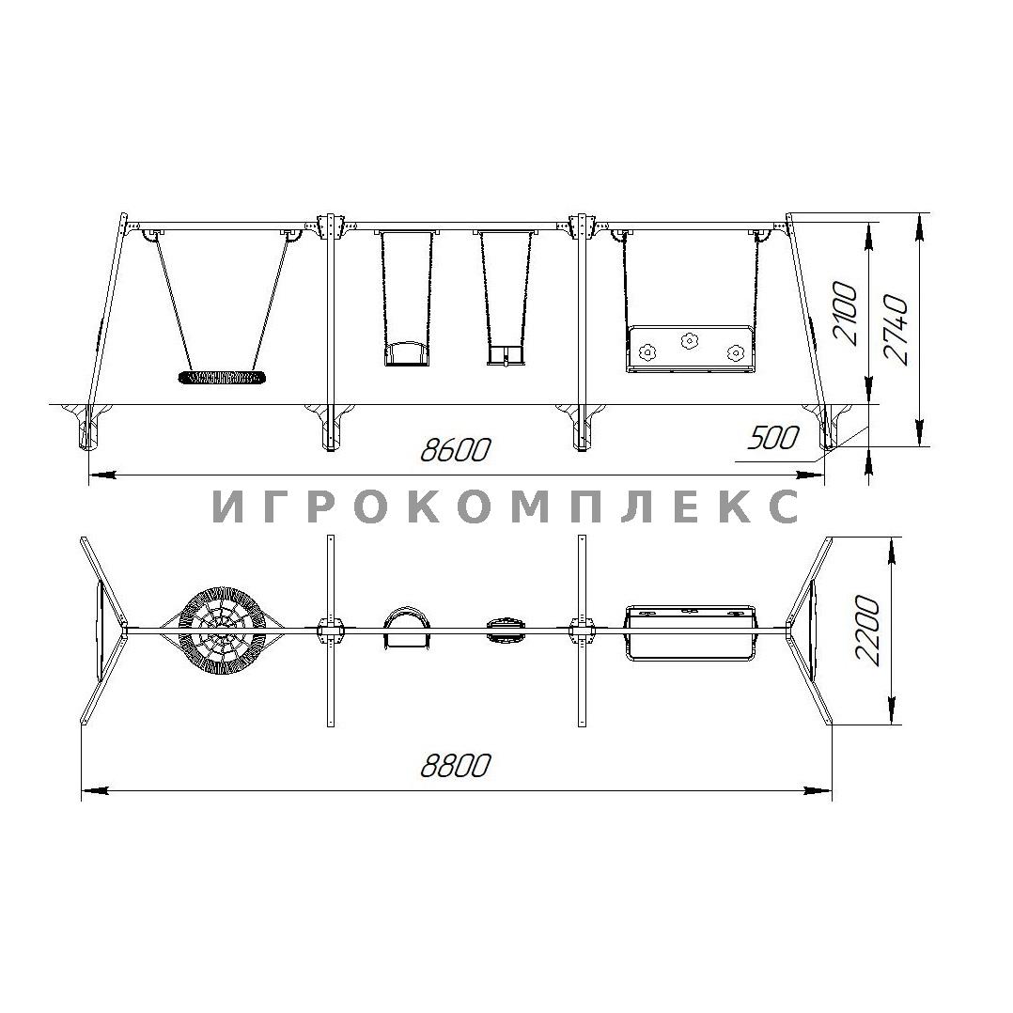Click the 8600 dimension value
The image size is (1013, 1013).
455,449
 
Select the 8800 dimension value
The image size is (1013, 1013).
456,766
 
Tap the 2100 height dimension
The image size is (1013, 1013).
845,314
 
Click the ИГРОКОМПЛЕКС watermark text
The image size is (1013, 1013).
506,506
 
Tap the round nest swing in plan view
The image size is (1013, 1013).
222,630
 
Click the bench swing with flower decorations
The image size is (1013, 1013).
690,349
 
